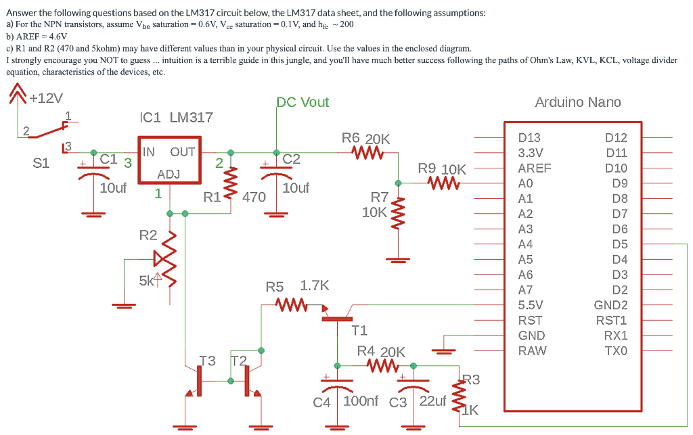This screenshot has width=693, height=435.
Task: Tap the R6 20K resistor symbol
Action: [x=367, y=153]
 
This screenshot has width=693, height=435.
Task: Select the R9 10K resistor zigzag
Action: [x=444, y=183]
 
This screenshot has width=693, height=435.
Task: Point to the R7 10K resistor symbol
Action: [x=398, y=214]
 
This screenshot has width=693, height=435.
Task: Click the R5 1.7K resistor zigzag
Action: [x=291, y=304]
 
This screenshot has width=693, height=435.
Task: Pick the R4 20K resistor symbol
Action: [x=383, y=366]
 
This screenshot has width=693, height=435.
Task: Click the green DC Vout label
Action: [x=303, y=102]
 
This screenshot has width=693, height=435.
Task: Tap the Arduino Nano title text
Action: [x=578, y=102]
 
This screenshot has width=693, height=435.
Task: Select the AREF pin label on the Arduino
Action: [x=535, y=168]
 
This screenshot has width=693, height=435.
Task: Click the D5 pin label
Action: [x=620, y=244]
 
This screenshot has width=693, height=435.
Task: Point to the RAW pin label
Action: [x=532, y=350]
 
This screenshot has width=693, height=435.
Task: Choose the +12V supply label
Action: [x=46, y=98]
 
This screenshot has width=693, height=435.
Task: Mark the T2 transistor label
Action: [x=239, y=361]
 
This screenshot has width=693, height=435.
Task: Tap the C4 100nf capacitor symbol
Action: [x=337, y=384]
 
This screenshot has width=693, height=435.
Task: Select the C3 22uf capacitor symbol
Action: [x=413, y=384]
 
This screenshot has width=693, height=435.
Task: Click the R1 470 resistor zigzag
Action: [x=231, y=183]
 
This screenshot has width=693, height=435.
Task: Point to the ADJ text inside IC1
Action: [x=169, y=175]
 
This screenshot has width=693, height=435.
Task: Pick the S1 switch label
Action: [x=41, y=164]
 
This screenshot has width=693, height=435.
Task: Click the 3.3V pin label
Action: [x=531, y=153]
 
